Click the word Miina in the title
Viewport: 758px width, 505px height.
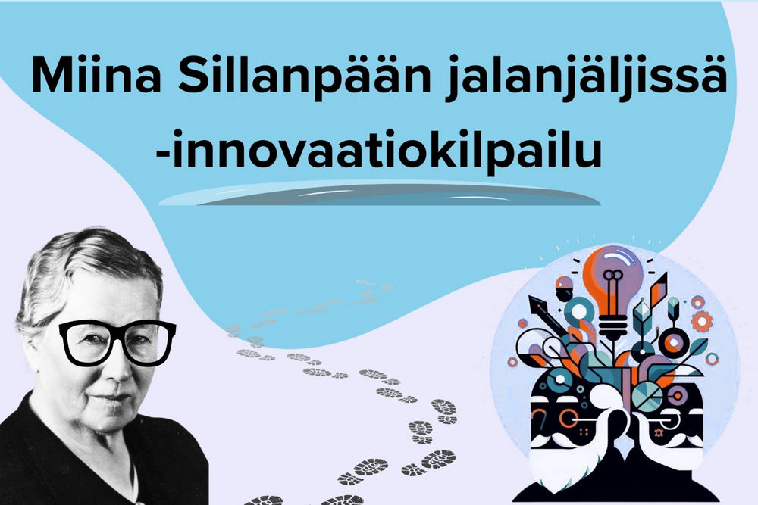96,76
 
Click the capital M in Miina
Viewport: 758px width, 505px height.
53,76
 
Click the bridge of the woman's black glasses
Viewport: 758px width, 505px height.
117,332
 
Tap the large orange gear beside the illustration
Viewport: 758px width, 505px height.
702,320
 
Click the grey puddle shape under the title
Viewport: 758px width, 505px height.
380,195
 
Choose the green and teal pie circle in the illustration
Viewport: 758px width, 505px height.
648,396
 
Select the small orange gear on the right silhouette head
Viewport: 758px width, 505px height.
658,432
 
